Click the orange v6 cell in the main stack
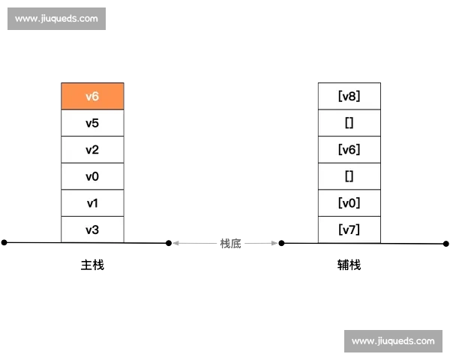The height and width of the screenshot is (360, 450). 92,96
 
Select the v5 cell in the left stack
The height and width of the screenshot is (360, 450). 92,123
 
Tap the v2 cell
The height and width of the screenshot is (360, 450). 92,149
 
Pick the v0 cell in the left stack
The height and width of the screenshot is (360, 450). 92,176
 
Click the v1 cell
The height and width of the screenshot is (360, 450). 92,203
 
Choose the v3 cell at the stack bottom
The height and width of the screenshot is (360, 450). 92,229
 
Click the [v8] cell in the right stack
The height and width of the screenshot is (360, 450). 349,96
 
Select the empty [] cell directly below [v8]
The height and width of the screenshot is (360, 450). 349,123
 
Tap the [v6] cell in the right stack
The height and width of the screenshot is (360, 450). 349,149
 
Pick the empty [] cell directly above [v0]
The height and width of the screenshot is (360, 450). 349,176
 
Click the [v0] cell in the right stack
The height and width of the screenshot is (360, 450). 349,203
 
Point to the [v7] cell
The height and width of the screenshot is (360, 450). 349,229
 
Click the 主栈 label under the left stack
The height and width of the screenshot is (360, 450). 92,265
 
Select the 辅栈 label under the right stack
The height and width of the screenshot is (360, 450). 349,265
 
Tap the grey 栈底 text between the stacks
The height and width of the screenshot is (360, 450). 230,244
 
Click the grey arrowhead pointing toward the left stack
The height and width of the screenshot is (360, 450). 176,243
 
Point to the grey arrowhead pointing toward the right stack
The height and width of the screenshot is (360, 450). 274,243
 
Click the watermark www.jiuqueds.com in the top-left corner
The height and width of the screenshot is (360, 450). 56,19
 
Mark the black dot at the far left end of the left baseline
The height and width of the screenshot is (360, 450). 4,242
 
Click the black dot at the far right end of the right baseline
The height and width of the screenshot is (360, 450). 445,244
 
